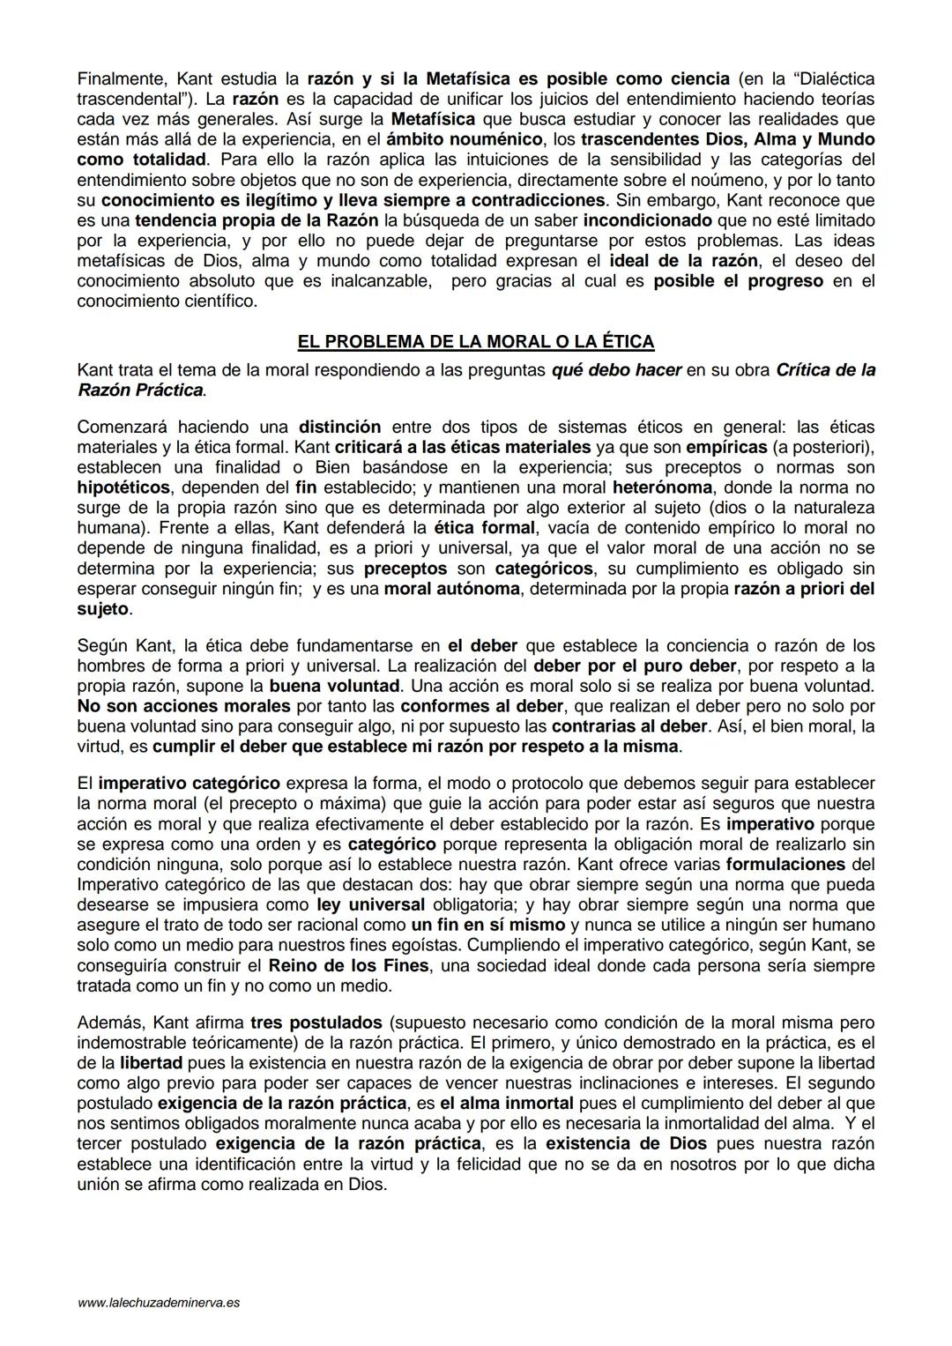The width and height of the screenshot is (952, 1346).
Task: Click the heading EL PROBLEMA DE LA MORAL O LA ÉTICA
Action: click(476, 341)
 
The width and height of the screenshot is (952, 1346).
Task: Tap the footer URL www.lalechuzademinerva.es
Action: click(159, 1301)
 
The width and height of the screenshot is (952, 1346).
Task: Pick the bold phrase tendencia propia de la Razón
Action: click(257, 220)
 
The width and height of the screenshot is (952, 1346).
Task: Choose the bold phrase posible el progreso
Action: click(738, 281)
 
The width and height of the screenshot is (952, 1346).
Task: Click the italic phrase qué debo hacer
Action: click(616, 370)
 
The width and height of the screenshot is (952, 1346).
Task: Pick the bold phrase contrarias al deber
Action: click(628, 726)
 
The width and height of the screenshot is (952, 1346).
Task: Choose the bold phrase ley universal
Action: click(370, 904)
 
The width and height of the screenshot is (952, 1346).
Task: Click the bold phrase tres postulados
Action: click(316, 1023)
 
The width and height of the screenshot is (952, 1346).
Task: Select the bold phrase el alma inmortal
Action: click(507, 1103)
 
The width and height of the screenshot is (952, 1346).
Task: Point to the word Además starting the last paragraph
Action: click(111, 1023)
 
